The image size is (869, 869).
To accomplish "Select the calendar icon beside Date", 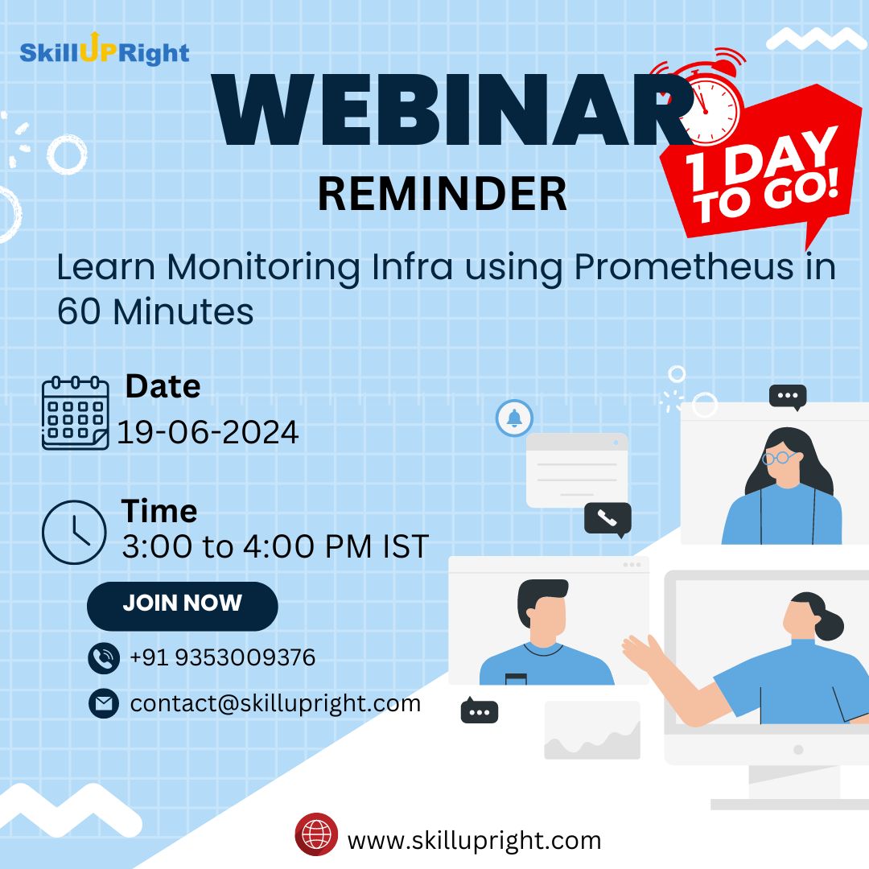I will tap(75, 413).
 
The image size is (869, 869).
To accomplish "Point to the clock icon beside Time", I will tap(74, 532).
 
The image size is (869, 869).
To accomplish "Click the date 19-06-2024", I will tap(208, 433).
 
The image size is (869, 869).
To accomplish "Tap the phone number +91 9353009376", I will tap(222, 658).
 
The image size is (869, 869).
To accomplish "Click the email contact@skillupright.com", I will tap(275, 703).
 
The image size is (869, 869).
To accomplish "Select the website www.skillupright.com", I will tap(474, 841).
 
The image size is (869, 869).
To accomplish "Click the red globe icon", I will tap(316, 834).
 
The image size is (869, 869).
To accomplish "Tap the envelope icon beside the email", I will tap(103, 704).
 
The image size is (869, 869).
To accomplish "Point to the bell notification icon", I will tap(513, 418).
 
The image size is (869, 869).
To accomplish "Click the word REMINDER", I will tap(442, 195).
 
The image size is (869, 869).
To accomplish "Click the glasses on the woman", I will tap(779, 458).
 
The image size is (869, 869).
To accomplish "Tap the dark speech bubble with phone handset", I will tap(607, 519).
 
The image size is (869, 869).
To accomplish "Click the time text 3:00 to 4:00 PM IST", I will tap(275, 547).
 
